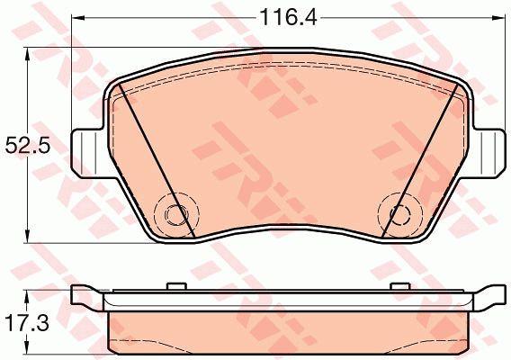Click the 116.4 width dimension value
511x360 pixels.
coord(289,18)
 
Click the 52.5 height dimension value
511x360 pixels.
coord(28,146)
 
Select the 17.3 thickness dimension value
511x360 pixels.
coord(27,323)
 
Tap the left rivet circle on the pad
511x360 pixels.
coord(176,214)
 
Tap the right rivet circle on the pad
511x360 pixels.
coord(401,215)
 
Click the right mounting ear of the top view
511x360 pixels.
coord(488,153)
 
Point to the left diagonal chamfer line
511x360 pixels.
coord(157,160)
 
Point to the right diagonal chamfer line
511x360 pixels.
coord(420,160)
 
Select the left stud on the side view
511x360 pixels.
coord(176,286)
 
